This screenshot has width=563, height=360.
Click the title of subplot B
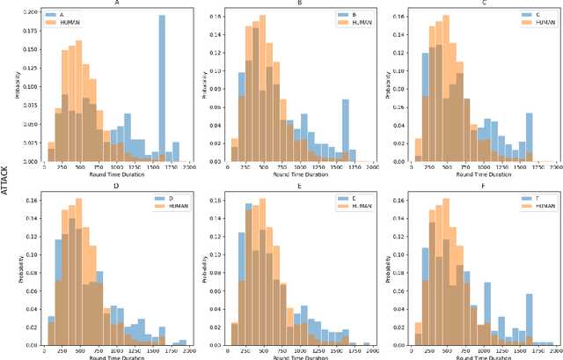pos(301,4)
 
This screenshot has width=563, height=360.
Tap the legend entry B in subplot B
pos(347,16)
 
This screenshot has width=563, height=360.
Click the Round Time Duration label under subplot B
pos(301,177)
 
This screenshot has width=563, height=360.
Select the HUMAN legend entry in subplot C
pos(531,24)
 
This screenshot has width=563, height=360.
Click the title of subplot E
pos(301,186)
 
